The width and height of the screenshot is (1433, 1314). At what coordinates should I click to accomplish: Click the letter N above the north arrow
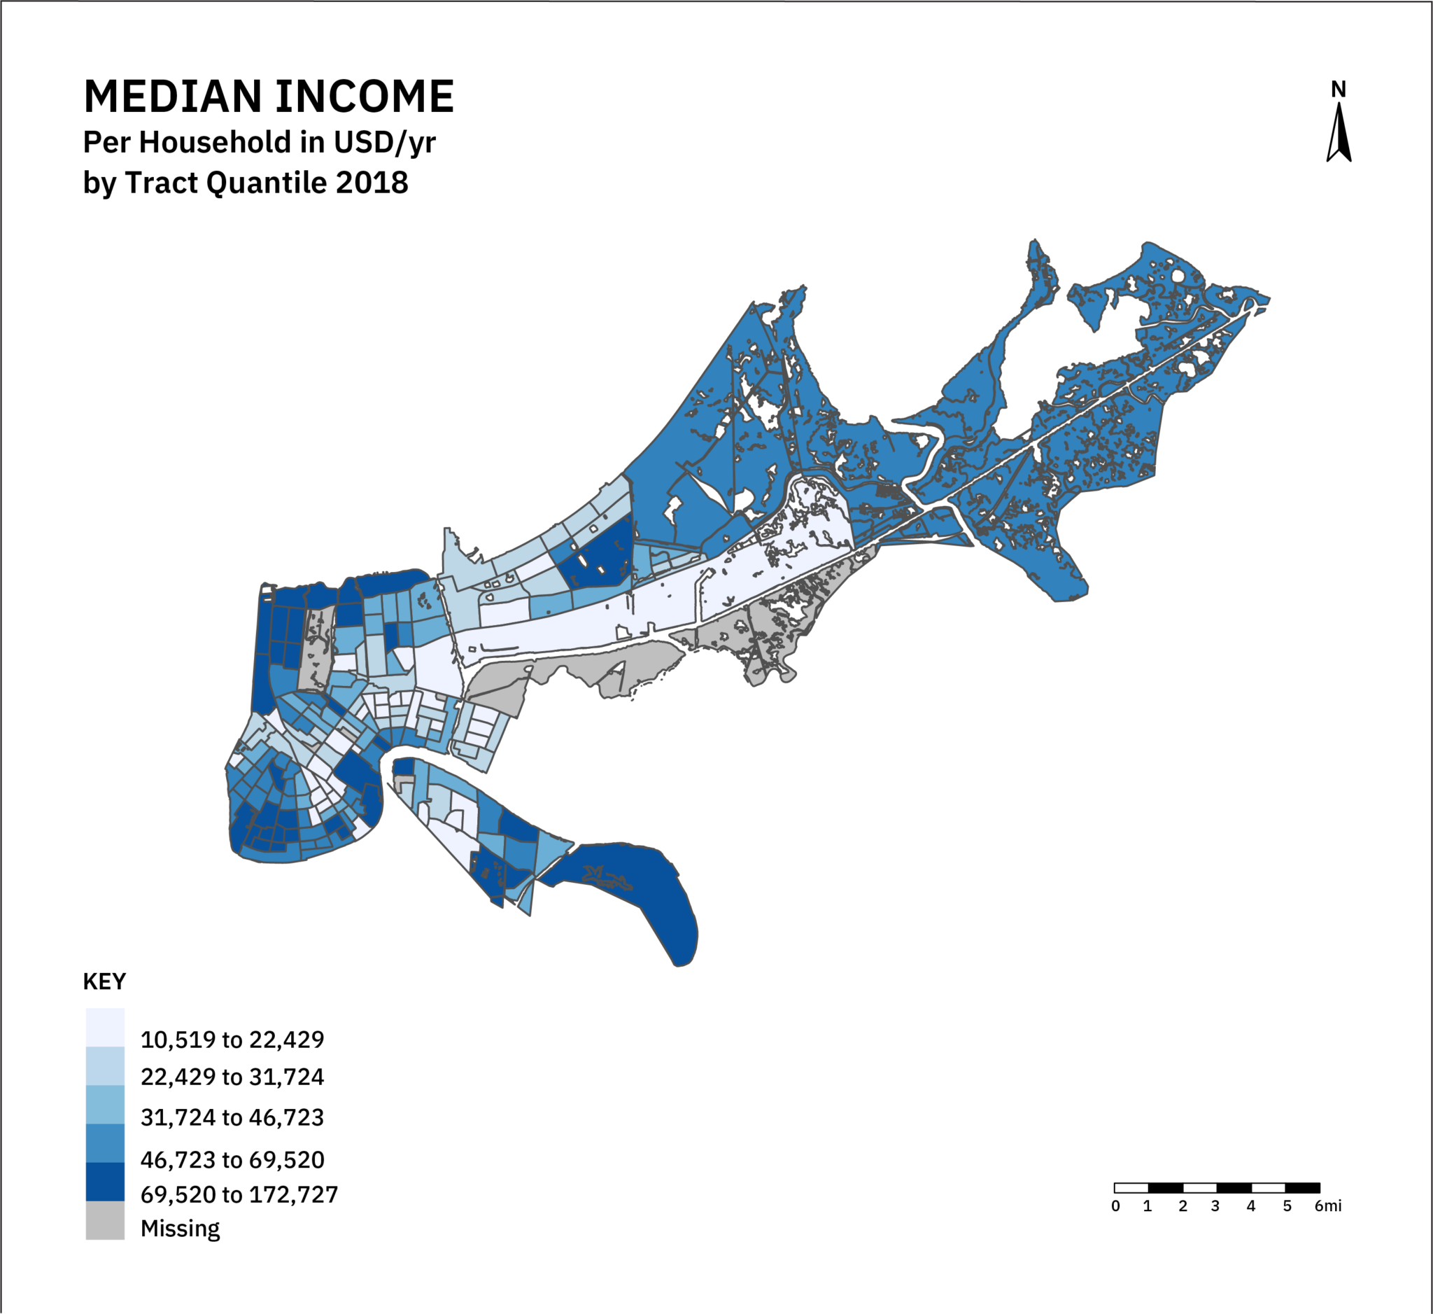click(1339, 90)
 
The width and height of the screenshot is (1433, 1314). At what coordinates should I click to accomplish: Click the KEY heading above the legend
click(104, 982)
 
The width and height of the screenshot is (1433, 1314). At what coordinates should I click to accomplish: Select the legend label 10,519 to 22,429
click(232, 1040)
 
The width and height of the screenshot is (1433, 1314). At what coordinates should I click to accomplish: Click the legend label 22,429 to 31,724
click(232, 1077)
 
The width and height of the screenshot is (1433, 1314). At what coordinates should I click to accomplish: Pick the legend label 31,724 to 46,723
click(232, 1118)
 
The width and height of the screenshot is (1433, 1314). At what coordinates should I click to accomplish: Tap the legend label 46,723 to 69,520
click(232, 1161)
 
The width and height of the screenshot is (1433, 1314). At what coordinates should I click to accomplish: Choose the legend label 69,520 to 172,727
click(239, 1194)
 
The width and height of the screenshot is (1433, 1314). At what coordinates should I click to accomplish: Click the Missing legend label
click(180, 1229)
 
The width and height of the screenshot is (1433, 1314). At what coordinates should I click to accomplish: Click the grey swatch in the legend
click(105, 1221)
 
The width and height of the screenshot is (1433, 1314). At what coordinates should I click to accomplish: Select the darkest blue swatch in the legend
click(105, 1182)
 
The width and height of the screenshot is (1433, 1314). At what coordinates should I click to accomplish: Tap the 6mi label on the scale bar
click(1328, 1206)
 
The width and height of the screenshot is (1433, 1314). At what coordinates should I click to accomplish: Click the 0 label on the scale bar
click(1115, 1206)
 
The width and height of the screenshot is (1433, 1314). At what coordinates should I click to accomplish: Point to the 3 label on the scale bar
click(1215, 1206)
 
